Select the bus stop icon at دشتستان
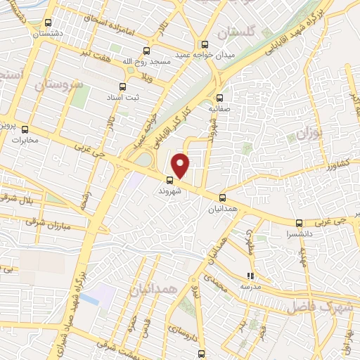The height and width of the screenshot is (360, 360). [47, 22]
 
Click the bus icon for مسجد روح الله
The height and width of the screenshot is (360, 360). [146, 51]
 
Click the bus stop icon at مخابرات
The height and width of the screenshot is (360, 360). [25, 129]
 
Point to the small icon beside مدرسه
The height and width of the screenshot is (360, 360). [250, 276]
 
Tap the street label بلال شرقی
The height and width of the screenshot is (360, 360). [20, 199]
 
